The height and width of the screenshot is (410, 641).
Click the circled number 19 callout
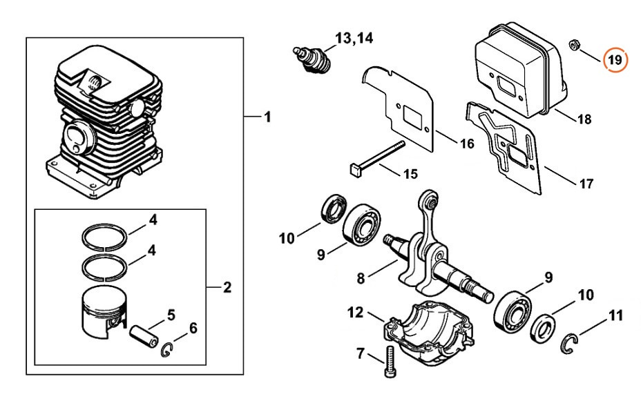pos(615,60)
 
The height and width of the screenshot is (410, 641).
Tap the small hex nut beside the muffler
pos(573,44)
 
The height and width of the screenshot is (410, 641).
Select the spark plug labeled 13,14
pos(313,60)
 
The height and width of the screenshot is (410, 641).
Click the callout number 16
pos(467,144)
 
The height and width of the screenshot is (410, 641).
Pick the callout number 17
pos(586,184)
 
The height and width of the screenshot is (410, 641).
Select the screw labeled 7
pos(389,362)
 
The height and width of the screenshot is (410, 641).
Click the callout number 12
pos(355,313)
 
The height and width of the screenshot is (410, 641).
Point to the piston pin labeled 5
pos(144,335)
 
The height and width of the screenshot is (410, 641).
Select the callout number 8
pos(360,278)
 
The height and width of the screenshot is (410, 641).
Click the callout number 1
pos(267,117)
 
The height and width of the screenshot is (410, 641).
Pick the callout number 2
pos(227,288)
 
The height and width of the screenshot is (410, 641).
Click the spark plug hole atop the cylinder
pos(95,82)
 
